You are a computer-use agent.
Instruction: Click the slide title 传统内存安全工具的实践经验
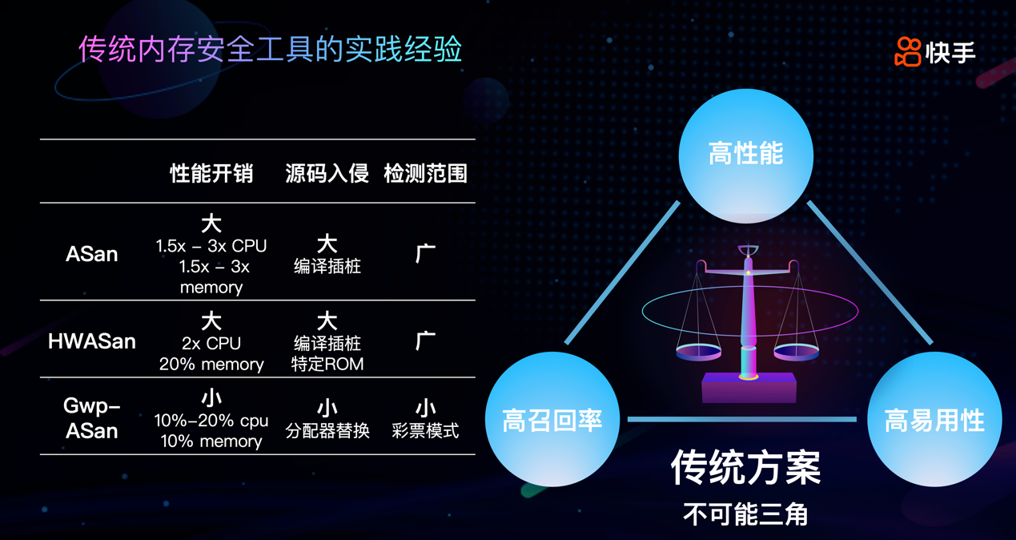point(270,49)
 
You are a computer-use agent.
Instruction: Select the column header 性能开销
point(211,173)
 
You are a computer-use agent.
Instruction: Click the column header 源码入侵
point(327,173)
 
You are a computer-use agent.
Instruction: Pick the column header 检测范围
point(425,173)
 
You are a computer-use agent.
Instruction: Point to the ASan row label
point(92,254)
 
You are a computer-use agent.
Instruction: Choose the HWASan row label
point(92,341)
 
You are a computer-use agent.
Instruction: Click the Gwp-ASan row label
point(92,418)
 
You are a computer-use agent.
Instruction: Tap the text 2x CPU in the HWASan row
point(211,343)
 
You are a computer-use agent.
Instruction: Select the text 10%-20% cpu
point(211,421)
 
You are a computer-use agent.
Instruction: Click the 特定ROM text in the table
point(327,365)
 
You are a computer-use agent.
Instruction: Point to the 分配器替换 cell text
point(327,431)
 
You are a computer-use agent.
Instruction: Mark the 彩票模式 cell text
point(425,431)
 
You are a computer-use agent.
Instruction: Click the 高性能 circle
point(745,155)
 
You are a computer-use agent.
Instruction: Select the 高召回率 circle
point(552,420)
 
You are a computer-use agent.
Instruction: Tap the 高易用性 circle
point(934,420)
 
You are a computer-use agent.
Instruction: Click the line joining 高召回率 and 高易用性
point(742,419)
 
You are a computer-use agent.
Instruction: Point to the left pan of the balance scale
point(698,351)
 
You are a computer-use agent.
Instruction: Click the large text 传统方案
point(745,468)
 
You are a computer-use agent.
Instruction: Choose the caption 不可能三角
point(745,514)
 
